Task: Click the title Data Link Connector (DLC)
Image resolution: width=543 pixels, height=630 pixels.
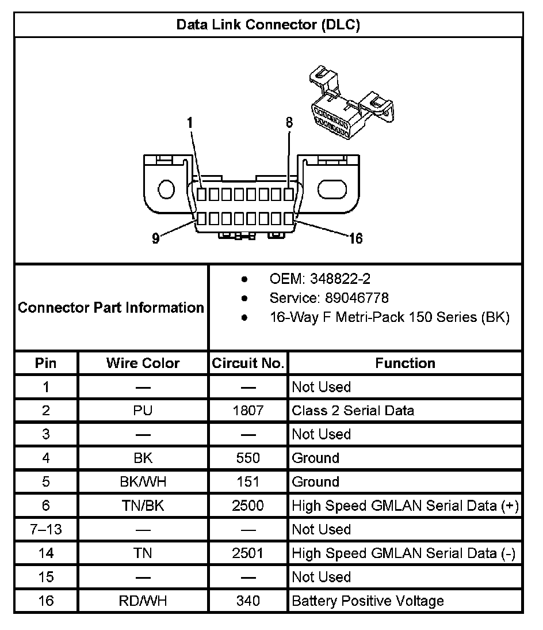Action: tap(268, 25)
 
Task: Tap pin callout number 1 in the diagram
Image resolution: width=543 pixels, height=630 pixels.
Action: tap(190, 122)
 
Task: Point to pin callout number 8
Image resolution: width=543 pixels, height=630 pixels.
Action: tap(289, 122)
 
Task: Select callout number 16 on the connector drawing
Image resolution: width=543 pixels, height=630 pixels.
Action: tap(356, 238)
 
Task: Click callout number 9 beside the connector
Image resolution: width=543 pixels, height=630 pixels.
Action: tap(156, 238)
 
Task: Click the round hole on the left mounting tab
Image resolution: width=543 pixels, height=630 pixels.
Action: tap(166, 189)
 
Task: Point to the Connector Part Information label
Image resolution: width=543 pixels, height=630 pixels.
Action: tap(111, 308)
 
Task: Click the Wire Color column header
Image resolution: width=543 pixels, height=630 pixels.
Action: tap(143, 363)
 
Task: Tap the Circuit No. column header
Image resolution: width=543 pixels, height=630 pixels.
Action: tap(248, 363)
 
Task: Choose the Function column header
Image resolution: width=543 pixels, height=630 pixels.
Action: tap(405, 363)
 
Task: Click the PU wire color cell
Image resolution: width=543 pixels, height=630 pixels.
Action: tap(143, 411)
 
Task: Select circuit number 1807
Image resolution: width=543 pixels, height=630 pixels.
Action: tap(248, 411)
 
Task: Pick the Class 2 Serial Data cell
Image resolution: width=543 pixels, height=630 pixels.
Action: tap(353, 411)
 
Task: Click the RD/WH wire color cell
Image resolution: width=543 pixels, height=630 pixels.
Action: tap(143, 601)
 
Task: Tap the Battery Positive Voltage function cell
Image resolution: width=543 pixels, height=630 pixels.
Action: tap(368, 601)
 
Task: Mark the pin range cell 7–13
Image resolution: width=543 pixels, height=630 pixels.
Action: tap(46, 530)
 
